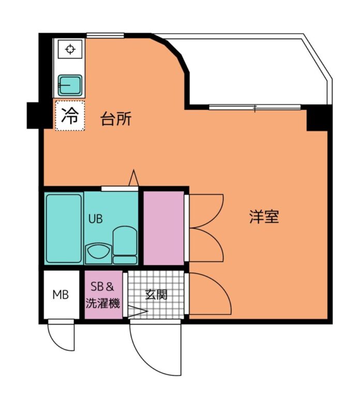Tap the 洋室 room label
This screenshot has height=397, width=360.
point(264,217)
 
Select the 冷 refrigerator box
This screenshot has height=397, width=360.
point(70,116)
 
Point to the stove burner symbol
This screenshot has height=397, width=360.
point(70,49)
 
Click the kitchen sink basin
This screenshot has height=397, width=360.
point(70,85)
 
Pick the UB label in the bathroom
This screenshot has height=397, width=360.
point(96,219)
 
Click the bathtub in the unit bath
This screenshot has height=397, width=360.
point(64,228)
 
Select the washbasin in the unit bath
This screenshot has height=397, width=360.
point(99,253)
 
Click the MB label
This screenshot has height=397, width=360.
point(61,295)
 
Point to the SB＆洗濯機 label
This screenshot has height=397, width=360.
point(103,295)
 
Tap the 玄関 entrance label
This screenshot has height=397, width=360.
point(156,295)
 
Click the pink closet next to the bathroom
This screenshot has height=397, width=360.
point(163,228)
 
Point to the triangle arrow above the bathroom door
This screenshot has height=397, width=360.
point(133,178)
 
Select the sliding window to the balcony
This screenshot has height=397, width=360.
point(255,108)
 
